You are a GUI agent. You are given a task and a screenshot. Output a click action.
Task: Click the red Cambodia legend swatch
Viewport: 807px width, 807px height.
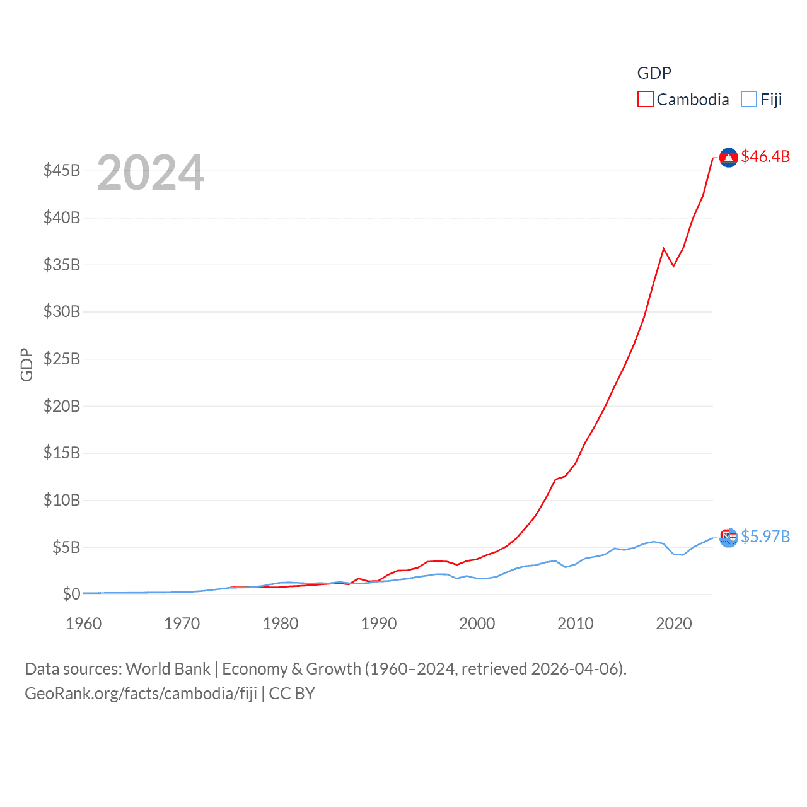click(x=646, y=100)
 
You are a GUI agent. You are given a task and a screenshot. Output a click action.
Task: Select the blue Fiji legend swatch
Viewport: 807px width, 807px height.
click(x=748, y=100)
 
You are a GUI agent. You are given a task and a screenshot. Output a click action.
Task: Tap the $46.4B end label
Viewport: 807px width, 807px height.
click(x=765, y=156)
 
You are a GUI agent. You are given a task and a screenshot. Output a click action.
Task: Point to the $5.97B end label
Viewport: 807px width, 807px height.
click(x=765, y=537)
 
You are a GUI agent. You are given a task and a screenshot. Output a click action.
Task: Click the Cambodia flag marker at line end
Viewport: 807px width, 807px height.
click(x=728, y=158)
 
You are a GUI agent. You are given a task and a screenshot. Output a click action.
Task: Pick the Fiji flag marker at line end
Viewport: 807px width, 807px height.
click(x=728, y=538)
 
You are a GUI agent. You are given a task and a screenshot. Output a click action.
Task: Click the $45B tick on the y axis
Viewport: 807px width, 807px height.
click(x=62, y=170)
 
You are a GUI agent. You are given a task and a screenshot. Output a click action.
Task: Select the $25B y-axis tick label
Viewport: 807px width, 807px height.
click(x=62, y=359)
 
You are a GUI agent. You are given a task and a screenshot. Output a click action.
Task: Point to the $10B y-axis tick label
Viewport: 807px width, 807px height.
click(x=62, y=500)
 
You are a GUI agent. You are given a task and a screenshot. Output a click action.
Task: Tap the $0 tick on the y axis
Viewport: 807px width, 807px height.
click(x=71, y=594)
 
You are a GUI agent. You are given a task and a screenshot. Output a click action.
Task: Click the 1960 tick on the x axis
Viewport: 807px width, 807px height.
click(x=84, y=624)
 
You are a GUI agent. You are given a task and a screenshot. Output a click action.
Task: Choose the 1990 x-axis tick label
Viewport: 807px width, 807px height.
click(x=379, y=624)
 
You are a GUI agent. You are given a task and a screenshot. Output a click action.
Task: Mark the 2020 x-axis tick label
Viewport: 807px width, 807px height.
click(x=674, y=624)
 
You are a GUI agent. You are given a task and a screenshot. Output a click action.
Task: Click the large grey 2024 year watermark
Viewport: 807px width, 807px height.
click(x=151, y=173)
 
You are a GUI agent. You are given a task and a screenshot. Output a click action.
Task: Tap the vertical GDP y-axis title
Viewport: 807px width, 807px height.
click(x=26, y=364)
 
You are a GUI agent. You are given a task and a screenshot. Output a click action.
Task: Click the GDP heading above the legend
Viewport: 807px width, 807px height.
click(x=654, y=73)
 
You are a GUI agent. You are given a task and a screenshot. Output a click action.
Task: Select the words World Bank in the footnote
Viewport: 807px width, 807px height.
click(x=168, y=669)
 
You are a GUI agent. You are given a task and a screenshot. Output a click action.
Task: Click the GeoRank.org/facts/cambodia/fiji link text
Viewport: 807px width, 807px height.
click(x=141, y=694)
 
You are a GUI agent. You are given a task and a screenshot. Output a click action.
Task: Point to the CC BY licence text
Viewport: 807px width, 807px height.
click(x=292, y=694)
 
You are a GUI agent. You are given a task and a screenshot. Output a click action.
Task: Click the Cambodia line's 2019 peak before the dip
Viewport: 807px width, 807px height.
click(x=664, y=248)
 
